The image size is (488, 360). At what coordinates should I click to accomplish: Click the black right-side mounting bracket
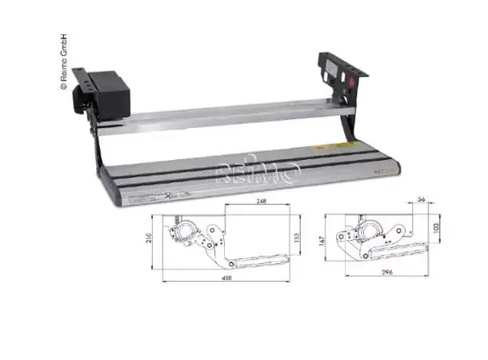(340, 76)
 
